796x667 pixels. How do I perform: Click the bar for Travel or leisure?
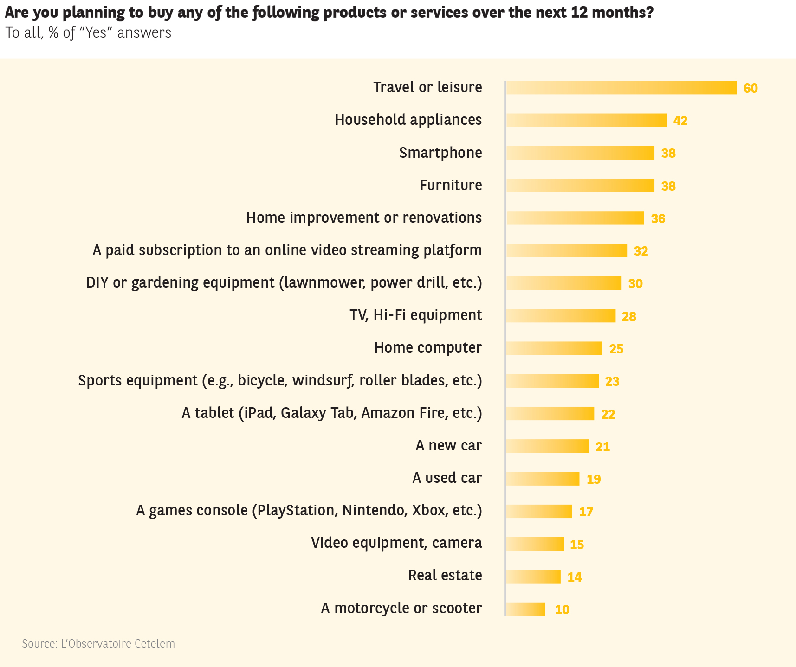[621, 88]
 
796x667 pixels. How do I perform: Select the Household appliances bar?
[586, 120]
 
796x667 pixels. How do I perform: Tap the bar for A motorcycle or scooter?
[525, 609]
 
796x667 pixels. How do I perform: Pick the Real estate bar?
[533, 577]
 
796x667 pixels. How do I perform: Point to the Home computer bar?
[554, 348]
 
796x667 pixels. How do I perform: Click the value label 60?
[750, 88]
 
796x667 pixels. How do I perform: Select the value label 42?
[680, 121]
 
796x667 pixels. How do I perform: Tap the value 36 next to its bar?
[658, 218]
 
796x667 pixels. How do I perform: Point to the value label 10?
[562, 609]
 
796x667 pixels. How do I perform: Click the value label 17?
[586, 512]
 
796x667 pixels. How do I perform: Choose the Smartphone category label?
[440, 153]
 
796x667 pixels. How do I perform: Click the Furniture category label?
[451, 185]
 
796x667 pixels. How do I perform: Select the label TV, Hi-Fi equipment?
[415, 315]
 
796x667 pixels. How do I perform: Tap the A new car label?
[448, 445]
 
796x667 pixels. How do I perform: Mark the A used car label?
[447, 478]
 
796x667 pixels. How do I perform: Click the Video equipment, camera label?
[396, 543]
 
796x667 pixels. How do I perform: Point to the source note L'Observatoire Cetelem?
[98, 644]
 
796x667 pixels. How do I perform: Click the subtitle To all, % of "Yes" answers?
[88, 33]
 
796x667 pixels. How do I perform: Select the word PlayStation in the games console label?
[296, 510]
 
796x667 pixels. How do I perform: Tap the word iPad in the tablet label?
[259, 413]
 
